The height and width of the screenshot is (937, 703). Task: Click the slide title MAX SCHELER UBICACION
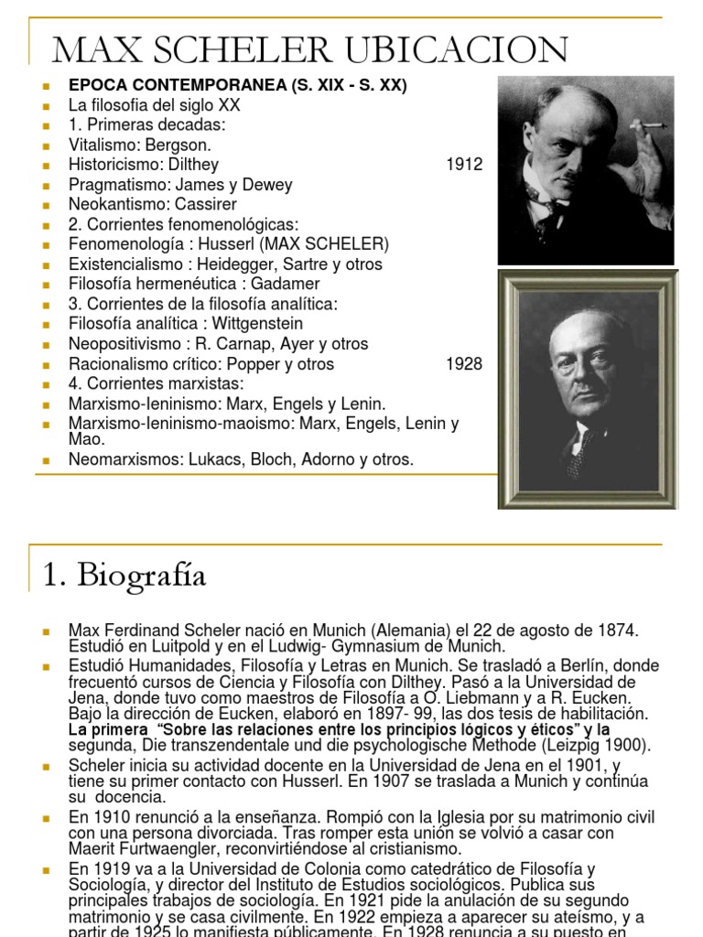tap(310, 49)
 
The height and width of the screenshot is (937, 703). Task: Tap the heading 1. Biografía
tap(124, 576)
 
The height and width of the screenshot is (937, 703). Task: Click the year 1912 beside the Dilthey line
tap(464, 165)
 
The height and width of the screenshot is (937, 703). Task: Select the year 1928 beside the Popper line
tap(464, 364)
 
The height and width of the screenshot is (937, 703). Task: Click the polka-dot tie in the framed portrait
tap(579, 451)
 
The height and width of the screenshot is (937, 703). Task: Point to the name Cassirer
tap(205, 204)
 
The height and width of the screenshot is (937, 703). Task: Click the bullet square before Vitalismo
tap(45, 145)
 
